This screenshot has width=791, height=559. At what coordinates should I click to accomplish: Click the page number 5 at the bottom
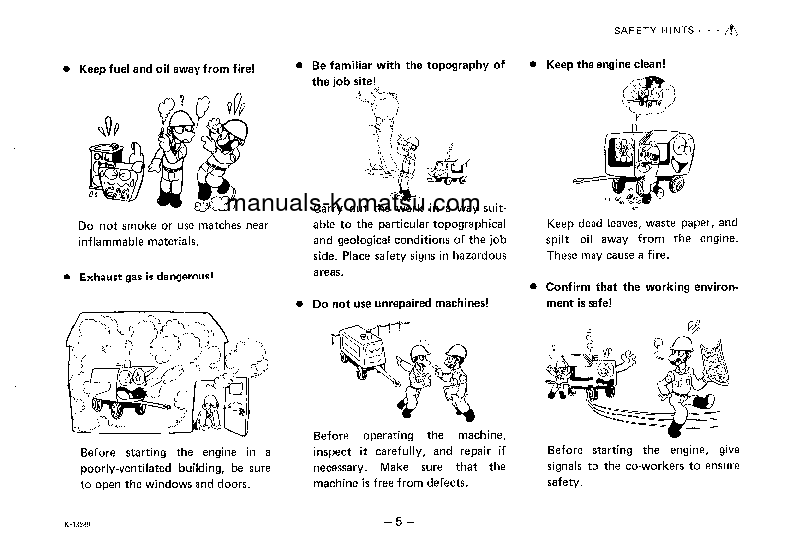(397, 521)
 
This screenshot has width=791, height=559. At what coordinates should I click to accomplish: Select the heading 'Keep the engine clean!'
(605, 65)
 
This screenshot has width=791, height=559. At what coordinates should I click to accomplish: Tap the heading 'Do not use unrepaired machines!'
(400, 303)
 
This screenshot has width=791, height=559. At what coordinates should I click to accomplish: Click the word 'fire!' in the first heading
(240, 69)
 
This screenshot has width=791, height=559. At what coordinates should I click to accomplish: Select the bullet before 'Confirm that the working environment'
(534, 287)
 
